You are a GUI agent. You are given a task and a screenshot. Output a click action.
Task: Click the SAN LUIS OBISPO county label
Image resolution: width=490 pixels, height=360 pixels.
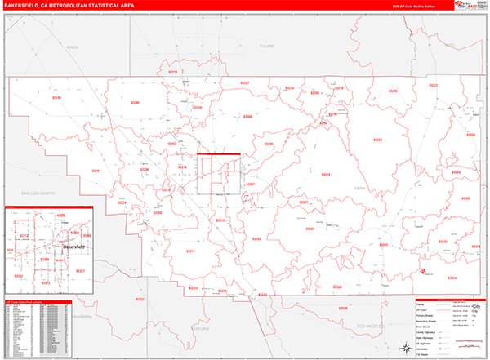coord(29,193)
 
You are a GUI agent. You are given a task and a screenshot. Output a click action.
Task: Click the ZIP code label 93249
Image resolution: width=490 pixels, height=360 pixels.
coord(56,97)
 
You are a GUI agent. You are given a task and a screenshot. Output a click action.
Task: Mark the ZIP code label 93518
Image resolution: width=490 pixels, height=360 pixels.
coord(326,175)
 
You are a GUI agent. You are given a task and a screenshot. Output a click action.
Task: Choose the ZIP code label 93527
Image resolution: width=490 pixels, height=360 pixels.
coord(434,86)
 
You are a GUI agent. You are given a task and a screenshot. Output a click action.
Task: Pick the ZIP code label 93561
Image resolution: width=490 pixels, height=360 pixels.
coord(310,229)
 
